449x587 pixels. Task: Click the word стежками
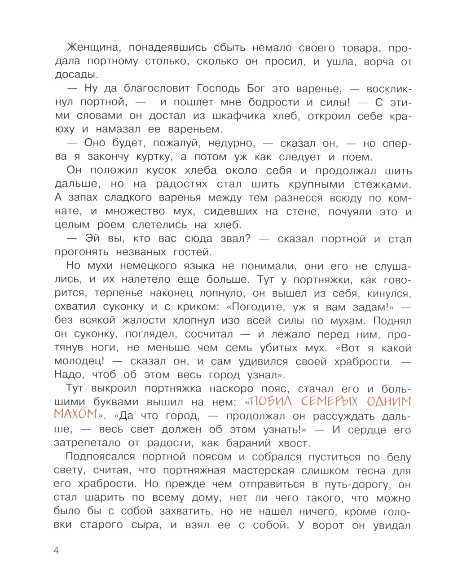(x=383, y=184)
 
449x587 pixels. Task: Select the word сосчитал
(x=209, y=334)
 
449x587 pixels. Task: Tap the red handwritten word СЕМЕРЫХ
(x=330, y=401)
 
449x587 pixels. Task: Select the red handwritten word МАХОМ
(x=75, y=414)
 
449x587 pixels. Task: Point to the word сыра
(x=146, y=525)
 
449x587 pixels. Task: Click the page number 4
(x=56, y=551)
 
